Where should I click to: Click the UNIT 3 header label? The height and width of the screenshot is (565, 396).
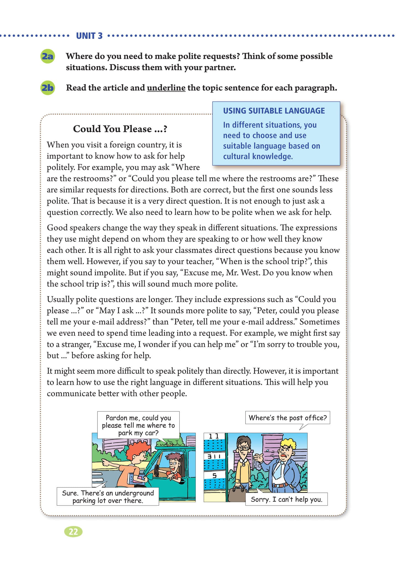click(x=89, y=36)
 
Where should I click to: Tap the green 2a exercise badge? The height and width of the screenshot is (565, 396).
click(x=47, y=56)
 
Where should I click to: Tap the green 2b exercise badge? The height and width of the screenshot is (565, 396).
click(x=47, y=88)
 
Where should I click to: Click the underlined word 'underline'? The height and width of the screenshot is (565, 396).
click(x=166, y=88)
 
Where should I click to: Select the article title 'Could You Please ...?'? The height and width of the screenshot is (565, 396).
click(x=120, y=129)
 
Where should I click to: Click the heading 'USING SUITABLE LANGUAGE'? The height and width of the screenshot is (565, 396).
click(x=274, y=111)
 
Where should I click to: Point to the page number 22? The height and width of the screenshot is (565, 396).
click(x=73, y=531)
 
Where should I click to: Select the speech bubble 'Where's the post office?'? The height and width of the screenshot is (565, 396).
click(x=287, y=418)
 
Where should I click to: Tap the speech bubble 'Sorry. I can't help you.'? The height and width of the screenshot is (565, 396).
click(x=286, y=499)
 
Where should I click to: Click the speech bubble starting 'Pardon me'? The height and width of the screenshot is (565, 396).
click(x=138, y=425)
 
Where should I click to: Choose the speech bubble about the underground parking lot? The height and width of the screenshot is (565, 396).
click(x=108, y=497)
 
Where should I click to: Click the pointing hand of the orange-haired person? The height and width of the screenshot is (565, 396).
click(x=105, y=461)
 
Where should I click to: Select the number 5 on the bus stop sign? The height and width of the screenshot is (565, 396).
click(x=214, y=475)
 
